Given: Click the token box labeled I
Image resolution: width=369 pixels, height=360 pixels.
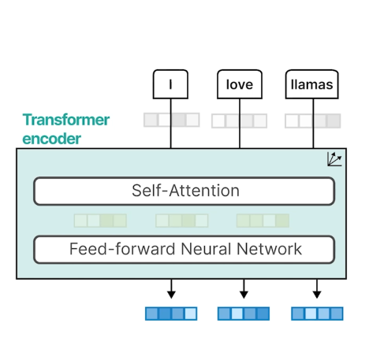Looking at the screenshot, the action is [170, 84].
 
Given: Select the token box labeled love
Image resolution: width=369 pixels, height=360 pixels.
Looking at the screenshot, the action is [240, 84].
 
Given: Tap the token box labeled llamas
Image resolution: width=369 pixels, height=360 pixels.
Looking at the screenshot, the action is [312, 84].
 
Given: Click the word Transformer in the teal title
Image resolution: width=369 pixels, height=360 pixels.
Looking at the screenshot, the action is [66, 120].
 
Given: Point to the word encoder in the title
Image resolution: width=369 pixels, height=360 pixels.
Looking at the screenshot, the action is [52, 139].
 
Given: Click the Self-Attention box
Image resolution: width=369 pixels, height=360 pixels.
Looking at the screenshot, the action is [184, 191].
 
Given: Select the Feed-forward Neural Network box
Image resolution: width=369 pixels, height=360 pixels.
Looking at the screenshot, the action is [184, 250].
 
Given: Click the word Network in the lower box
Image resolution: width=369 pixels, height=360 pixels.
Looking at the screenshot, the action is [269, 249].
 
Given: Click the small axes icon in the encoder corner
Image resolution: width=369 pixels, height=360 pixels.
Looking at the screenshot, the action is [334, 159].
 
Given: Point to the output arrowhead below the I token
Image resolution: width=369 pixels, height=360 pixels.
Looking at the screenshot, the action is [171, 295].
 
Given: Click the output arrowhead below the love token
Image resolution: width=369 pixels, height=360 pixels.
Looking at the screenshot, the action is [244, 295].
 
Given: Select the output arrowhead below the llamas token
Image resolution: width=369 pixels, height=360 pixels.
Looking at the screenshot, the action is [317, 295].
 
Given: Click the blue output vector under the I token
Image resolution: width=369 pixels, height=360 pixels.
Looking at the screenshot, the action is [171, 314].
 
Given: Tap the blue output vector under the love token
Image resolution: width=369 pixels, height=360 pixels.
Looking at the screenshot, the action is [244, 314].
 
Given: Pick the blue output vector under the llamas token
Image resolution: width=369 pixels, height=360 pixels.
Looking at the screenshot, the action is [317, 314].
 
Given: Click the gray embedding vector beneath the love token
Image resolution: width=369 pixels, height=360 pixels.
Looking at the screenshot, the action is [240, 121].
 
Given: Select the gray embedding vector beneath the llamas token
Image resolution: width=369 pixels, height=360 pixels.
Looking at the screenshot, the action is [313, 121].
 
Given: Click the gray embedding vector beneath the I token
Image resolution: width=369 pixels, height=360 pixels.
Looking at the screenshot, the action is [172, 120].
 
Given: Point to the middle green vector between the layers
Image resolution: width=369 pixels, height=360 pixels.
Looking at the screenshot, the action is [182, 221].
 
